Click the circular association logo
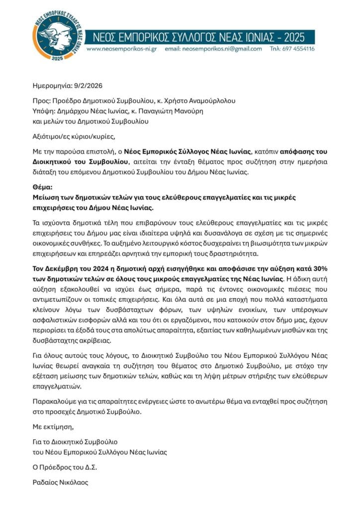[x=56, y=37]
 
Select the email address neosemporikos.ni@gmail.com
[x=219, y=49]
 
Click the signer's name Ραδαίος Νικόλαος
[x=60, y=481]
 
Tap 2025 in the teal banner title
[x=297, y=37]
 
